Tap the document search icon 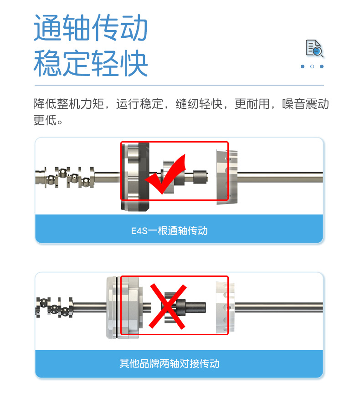coord(314,49)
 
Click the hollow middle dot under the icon coord(312,66)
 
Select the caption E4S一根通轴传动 coord(169,231)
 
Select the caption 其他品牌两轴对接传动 coord(169,364)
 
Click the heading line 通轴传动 coord(91,28)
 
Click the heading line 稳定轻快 coord(91,64)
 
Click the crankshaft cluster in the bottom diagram coord(54,307)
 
